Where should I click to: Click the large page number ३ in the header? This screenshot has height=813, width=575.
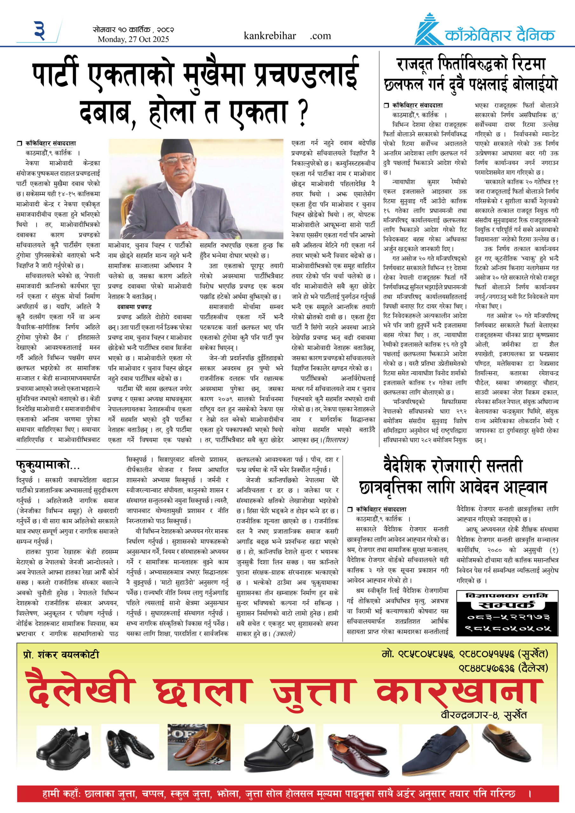click(40, 31)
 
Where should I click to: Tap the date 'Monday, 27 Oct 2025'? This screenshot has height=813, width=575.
click(133, 39)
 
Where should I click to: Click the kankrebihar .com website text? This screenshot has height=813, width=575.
click(287, 36)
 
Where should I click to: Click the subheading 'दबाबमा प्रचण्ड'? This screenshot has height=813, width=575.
click(134, 307)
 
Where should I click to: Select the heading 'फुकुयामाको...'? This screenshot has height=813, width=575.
click(48, 465)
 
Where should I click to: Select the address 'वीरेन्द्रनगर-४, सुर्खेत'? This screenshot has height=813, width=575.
click(484, 715)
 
